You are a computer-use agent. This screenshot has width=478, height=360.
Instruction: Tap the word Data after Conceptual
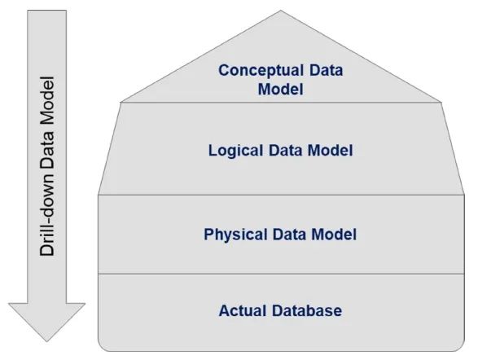tap(327, 70)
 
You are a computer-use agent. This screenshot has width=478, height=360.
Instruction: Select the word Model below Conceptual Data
tap(280, 90)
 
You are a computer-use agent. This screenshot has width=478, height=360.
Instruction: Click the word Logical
tap(235, 151)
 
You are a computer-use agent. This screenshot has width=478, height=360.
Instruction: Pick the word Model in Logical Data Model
tap(330, 151)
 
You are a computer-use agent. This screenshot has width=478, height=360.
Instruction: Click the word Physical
tap(235, 235)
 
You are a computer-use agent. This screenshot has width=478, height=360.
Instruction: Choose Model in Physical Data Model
tap(334, 234)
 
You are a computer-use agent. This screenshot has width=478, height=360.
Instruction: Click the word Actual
tap(243, 310)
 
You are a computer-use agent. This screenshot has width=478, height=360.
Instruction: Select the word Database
tap(307, 310)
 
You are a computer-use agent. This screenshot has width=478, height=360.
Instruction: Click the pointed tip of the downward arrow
tap(46, 341)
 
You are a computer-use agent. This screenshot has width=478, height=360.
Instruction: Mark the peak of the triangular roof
tap(281, 11)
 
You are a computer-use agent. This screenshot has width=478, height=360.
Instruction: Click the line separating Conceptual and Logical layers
tap(281, 103)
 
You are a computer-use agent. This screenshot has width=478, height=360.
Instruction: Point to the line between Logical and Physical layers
tap(281, 195)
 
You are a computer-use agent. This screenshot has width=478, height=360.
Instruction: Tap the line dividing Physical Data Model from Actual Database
tap(281, 274)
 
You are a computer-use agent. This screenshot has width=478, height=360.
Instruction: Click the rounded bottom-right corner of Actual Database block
tap(462, 348)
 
